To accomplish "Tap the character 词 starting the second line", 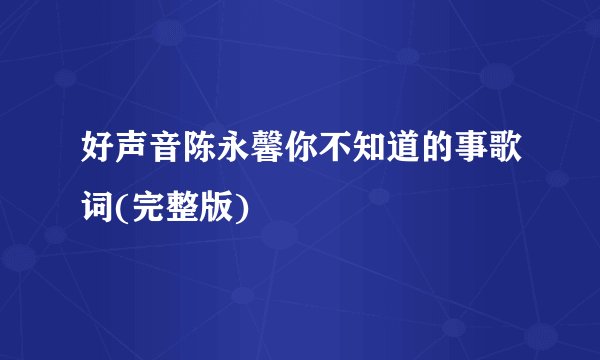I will [x=101, y=206].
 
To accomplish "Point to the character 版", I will [x=222, y=206].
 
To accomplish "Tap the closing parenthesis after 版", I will [x=246, y=206].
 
